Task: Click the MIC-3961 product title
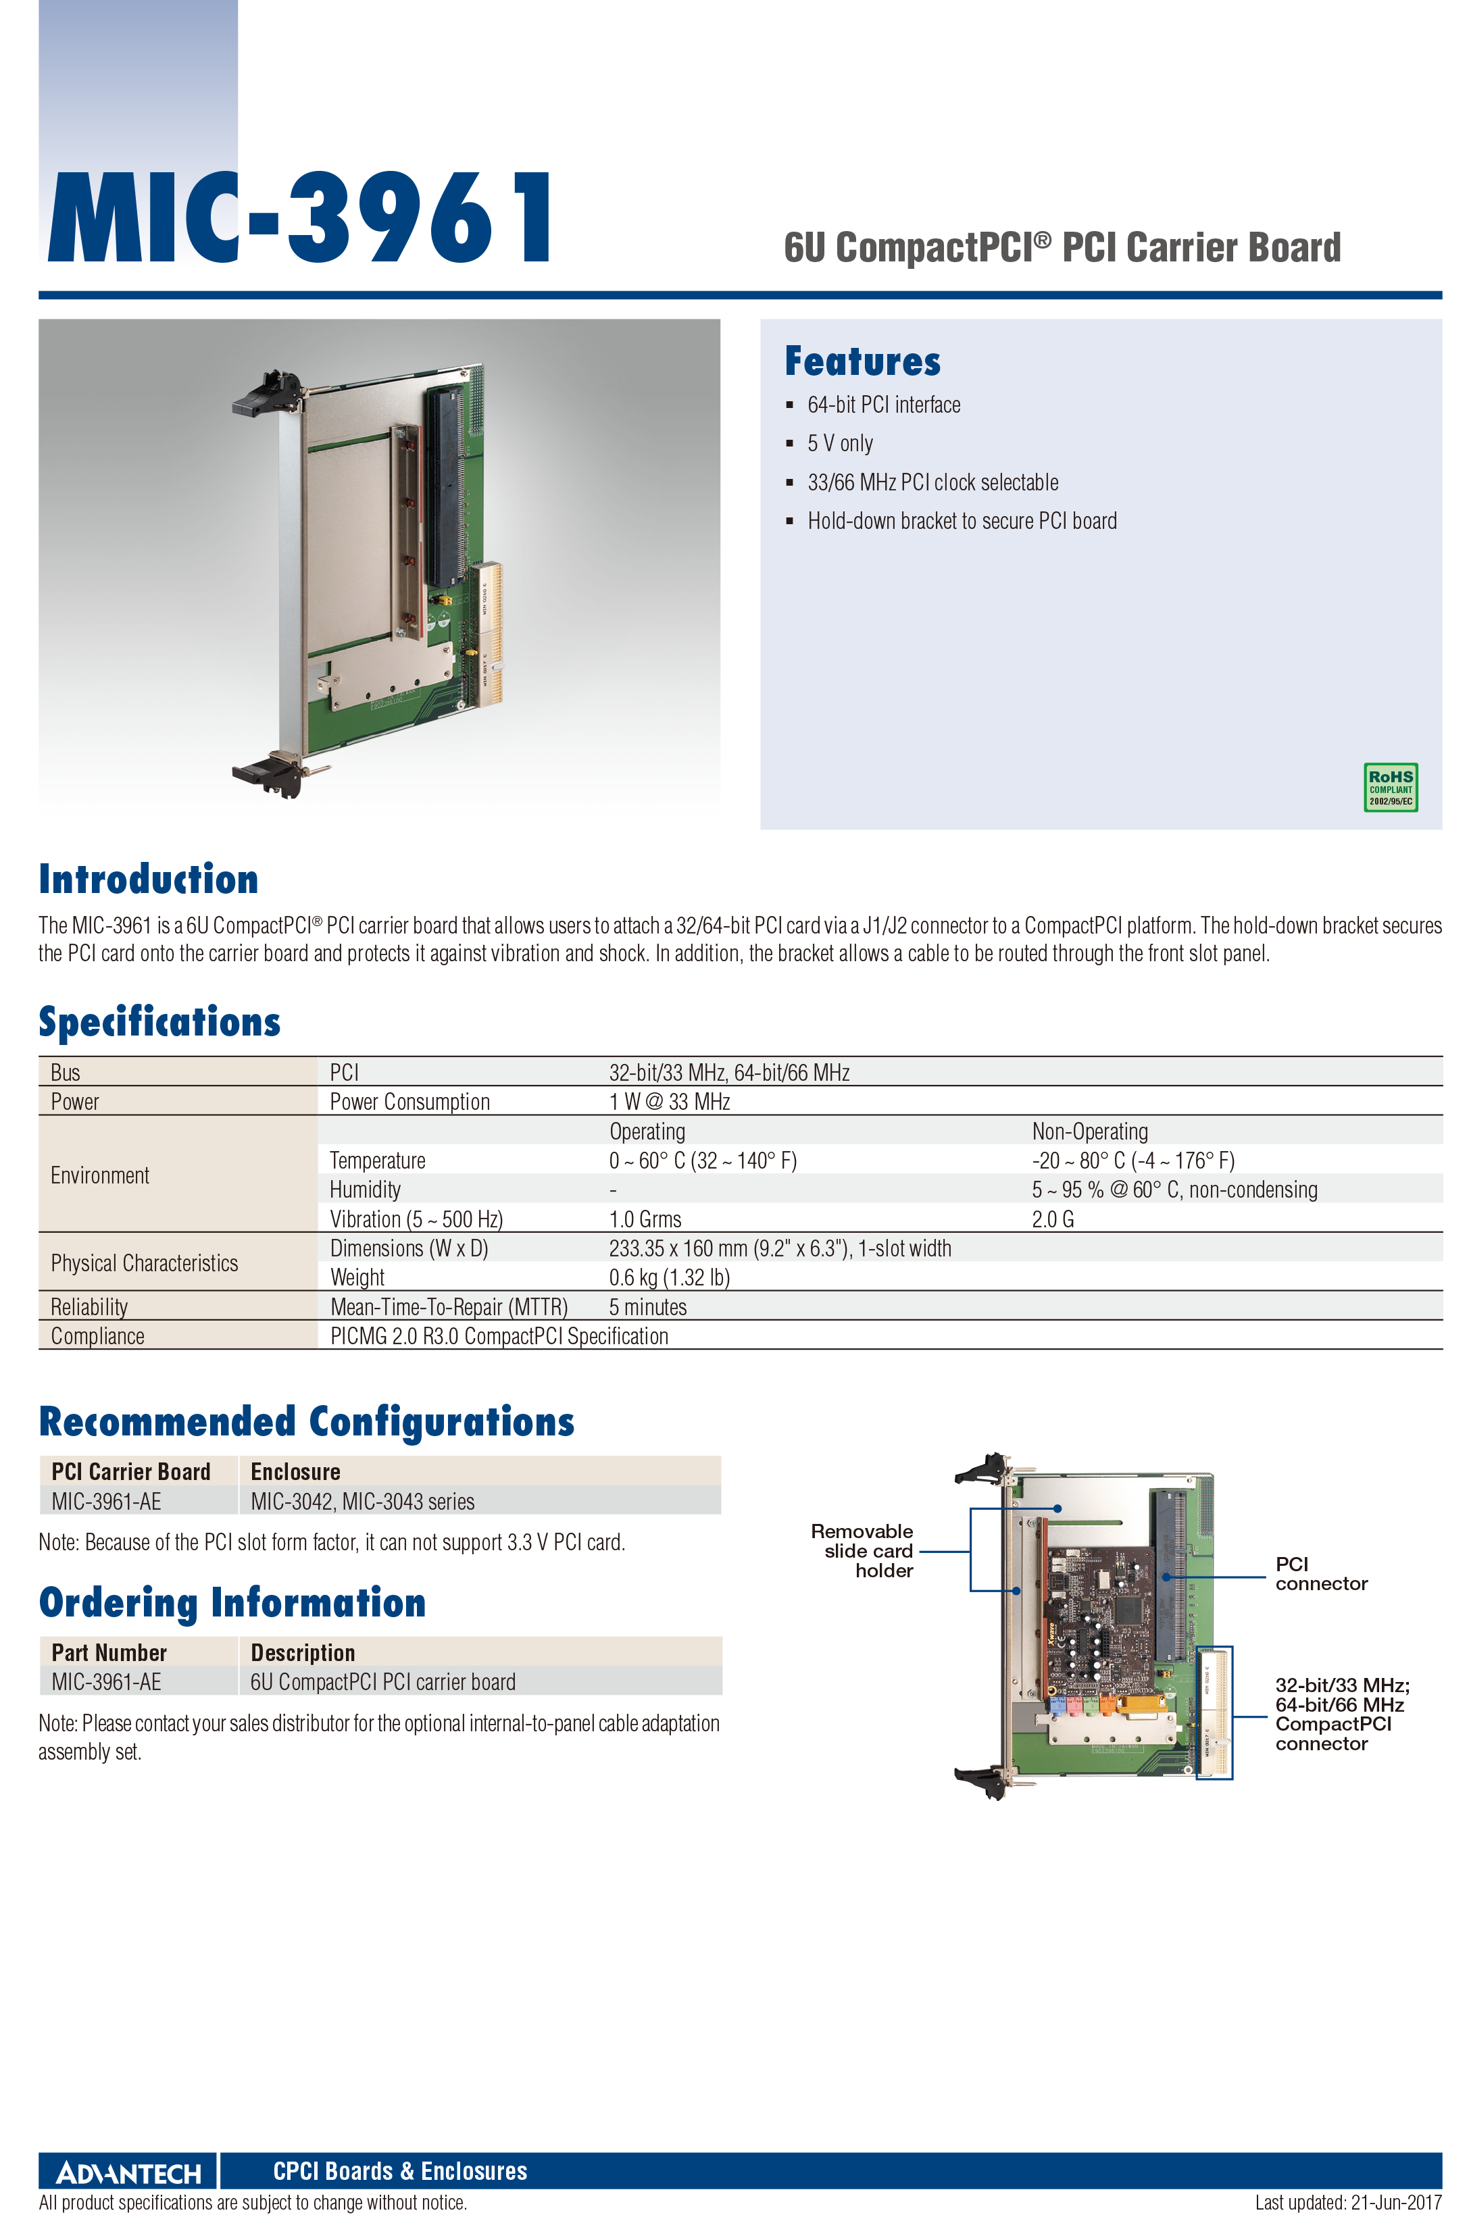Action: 300,218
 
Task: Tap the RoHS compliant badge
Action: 1391,787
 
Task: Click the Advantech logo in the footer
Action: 128,2172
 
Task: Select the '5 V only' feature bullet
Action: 841,443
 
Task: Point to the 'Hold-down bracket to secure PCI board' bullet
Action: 962,521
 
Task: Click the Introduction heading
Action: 148,879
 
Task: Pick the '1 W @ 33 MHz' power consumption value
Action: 669,1102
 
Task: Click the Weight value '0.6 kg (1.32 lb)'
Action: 669,1277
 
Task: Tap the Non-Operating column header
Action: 1089,1131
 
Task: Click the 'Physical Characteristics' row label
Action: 145,1263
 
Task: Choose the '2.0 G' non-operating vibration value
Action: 1053,1219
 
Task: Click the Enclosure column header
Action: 295,1471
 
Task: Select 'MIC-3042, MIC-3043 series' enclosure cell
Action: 363,1502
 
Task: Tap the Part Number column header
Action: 109,1652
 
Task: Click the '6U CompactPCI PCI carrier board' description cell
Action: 382,1682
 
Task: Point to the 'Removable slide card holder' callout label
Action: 862,1550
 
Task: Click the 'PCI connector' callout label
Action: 1321,1573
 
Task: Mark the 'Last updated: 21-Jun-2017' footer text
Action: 1348,2202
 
